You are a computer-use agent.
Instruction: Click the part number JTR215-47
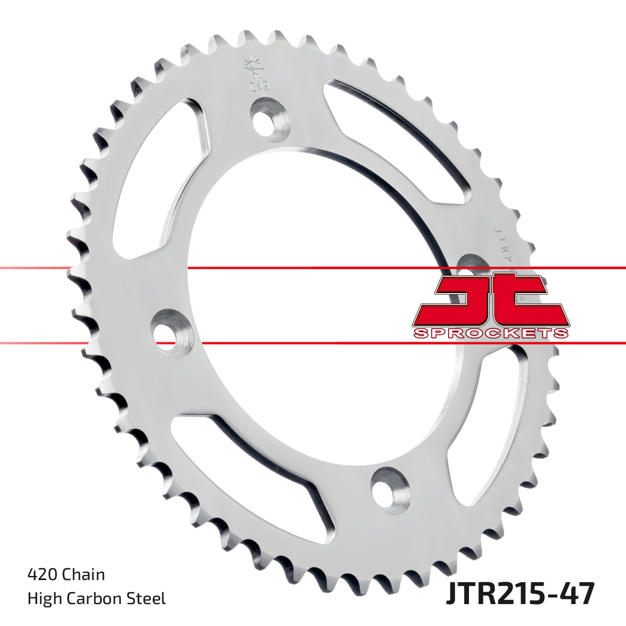point(520,594)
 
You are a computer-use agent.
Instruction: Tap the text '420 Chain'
point(66,574)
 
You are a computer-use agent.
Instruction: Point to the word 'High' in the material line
point(44,598)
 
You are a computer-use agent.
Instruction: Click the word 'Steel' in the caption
point(146,598)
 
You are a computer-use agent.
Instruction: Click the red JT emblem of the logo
point(490,303)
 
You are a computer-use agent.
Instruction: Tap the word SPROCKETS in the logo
point(490,333)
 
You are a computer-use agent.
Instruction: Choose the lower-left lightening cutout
point(245,464)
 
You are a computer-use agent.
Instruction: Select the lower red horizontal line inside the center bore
point(313,343)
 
